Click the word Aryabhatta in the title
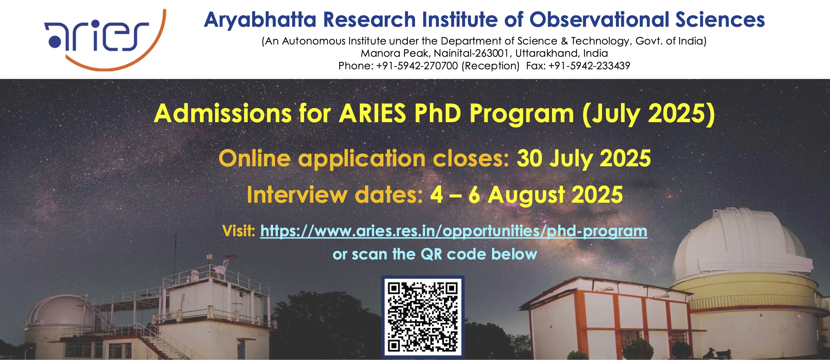click(x=260, y=20)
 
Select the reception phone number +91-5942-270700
click(x=417, y=66)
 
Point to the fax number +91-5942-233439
click(x=589, y=66)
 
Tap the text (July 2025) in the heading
click(x=648, y=114)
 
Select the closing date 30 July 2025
click(x=584, y=159)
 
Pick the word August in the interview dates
click(x=526, y=196)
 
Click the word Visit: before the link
click(x=239, y=231)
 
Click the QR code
click(x=423, y=317)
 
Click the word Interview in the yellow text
click(x=297, y=195)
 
